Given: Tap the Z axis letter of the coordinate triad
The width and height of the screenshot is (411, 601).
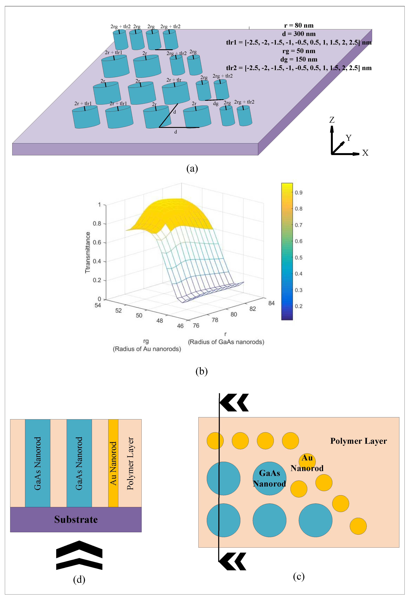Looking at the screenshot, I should (x=332, y=120).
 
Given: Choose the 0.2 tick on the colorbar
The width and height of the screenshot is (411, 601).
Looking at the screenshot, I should (x=298, y=306).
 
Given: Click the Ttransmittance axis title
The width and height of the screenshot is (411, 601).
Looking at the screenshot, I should (x=88, y=252).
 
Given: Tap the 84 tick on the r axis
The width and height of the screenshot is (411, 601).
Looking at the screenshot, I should (x=271, y=303).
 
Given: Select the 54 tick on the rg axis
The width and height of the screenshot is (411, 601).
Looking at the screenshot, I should (x=98, y=305).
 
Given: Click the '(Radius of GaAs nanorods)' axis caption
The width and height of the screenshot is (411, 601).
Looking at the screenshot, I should (x=226, y=342).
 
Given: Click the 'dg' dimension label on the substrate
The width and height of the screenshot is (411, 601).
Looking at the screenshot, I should (x=216, y=104).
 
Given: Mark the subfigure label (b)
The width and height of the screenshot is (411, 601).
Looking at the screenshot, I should (x=202, y=371).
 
